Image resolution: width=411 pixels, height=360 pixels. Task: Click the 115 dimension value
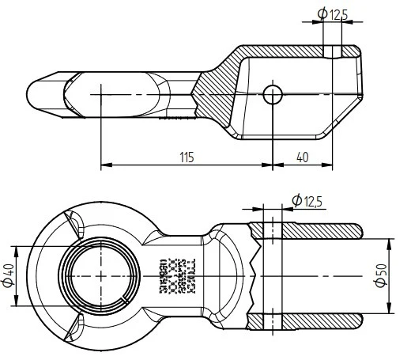pos(186,157)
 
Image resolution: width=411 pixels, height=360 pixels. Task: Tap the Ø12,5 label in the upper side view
pos(333,13)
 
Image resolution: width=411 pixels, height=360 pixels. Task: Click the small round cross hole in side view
pos(273,94)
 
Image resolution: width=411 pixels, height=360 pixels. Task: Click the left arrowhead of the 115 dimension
pos(104,166)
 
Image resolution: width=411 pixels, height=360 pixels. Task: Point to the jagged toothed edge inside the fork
pos(252,276)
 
